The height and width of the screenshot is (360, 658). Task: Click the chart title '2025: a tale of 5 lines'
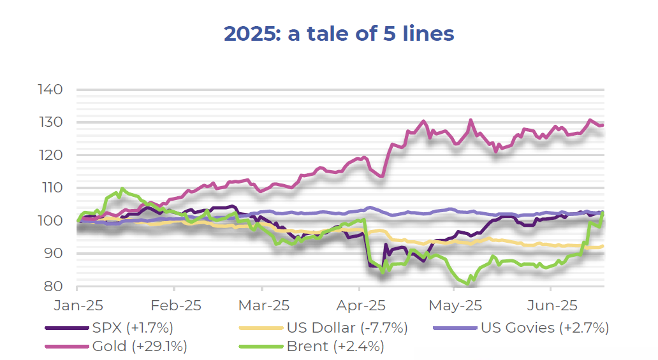tap(339, 34)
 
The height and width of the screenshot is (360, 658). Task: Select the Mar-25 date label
tap(263, 305)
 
